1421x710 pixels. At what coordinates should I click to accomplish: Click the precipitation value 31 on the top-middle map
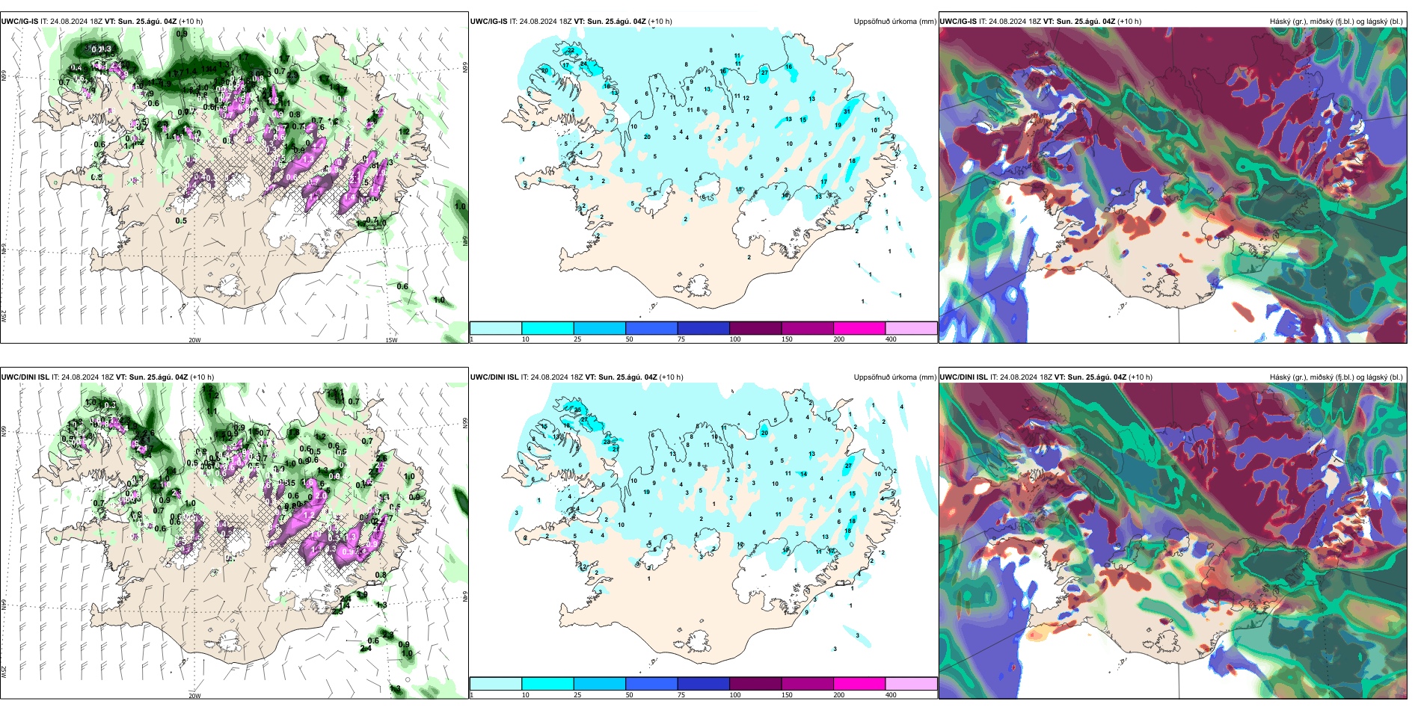[847, 111]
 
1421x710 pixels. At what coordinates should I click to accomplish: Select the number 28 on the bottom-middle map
[607, 442]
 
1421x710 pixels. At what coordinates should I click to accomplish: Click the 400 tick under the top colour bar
[891, 339]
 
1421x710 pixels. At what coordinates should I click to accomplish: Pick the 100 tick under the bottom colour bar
[735, 695]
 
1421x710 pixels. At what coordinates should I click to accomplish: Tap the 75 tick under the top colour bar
[681, 339]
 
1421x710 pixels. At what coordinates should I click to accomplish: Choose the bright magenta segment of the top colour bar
[859, 328]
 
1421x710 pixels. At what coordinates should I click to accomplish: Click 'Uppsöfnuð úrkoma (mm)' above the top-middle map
[894, 22]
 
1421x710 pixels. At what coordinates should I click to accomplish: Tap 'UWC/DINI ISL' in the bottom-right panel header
[963, 377]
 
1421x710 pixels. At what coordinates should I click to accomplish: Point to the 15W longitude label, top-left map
[391, 340]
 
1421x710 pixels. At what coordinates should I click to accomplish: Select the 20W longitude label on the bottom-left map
[194, 696]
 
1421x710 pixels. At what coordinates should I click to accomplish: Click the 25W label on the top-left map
[4, 316]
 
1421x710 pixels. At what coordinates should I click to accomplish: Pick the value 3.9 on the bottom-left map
[362, 595]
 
